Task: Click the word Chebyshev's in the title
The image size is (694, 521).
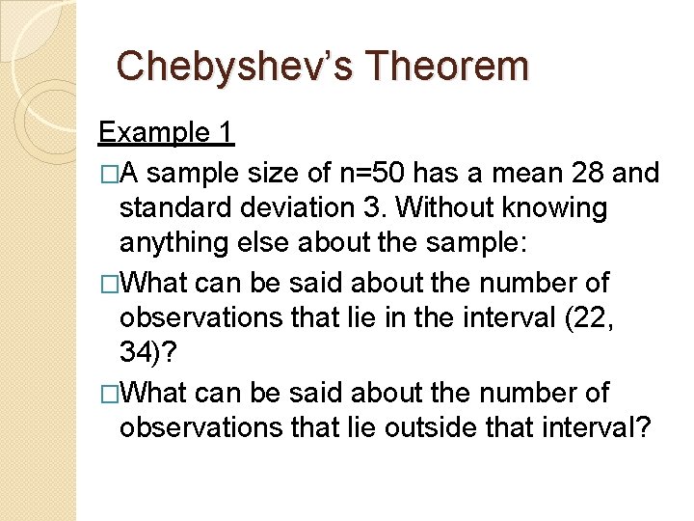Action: [x=237, y=66]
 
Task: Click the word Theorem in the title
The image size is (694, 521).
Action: [x=449, y=66]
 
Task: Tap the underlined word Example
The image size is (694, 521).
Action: [x=154, y=132]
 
